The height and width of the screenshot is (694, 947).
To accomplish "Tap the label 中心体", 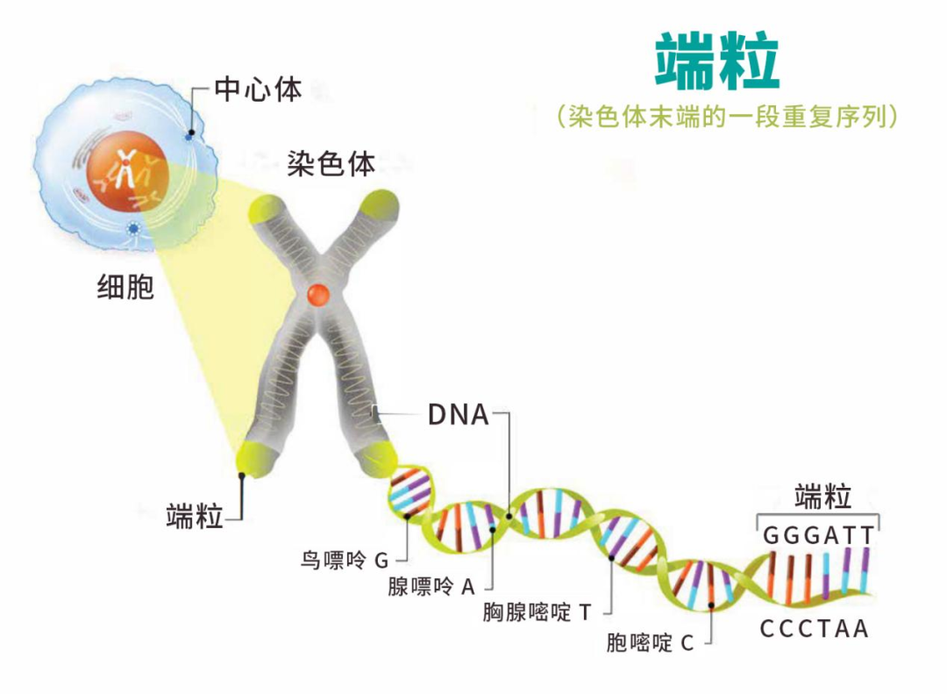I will click(258, 89).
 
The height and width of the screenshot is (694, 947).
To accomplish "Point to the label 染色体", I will click(331, 163).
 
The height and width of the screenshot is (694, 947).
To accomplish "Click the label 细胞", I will click(125, 287).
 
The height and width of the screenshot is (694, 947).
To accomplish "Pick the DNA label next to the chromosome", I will click(458, 414).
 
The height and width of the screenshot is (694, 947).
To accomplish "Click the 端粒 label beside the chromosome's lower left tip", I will click(195, 517).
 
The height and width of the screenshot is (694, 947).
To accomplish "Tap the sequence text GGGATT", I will click(818, 535).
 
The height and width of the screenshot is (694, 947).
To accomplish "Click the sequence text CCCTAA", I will click(814, 629).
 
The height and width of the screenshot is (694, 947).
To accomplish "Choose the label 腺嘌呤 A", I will click(431, 587).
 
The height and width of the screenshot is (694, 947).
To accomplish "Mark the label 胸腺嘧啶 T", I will click(537, 612).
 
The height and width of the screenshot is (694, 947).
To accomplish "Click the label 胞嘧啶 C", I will click(650, 642).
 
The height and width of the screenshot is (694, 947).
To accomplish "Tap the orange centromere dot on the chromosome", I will click(317, 294).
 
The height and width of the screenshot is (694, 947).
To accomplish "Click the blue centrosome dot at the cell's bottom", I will click(134, 229).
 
